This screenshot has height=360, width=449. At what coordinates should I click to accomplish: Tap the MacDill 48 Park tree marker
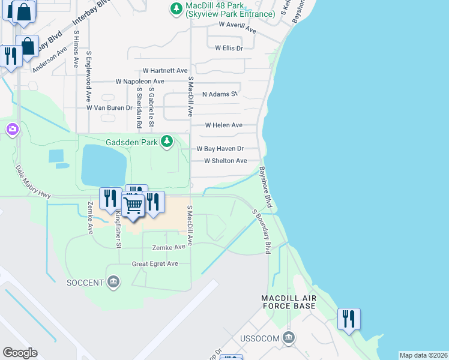click(x=176, y=8)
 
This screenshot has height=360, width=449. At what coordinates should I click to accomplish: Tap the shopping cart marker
click(x=133, y=205)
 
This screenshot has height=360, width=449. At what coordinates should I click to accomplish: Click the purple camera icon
click(x=12, y=129)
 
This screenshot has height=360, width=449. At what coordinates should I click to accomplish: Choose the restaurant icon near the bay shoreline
click(x=349, y=319)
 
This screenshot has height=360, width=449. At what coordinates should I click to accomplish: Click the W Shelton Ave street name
click(x=225, y=161)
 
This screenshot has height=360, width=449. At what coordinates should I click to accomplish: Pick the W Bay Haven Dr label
click(x=220, y=149)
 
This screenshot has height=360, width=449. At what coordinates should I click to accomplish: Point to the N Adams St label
click(x=220, y=94)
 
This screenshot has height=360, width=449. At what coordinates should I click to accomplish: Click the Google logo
click(x=20, y=353)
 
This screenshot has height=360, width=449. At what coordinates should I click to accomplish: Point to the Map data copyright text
click(x=423, y=355)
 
